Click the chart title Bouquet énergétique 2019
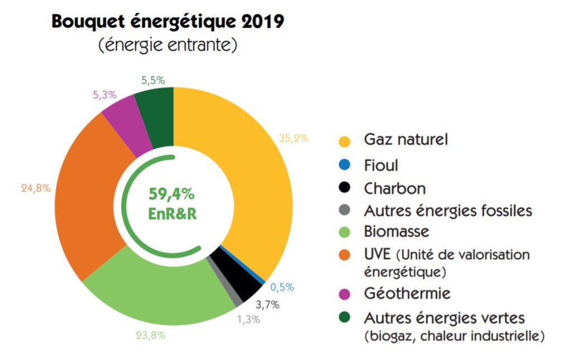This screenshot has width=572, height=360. (x=168, y=22)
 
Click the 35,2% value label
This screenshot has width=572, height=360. (x=293, y=138)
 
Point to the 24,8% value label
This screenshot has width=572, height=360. (x=35, y=188)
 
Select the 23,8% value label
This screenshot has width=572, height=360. (x=150, y=336)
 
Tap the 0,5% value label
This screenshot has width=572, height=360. (x=282, y=287)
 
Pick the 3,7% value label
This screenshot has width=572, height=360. (x=267, y=305)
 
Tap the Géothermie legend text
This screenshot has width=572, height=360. (x=407, y=293)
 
